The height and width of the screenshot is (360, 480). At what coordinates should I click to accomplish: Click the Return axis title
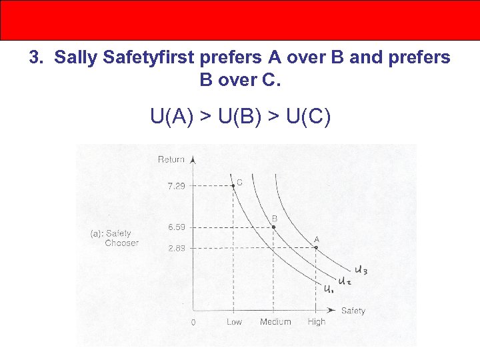click(171, 159)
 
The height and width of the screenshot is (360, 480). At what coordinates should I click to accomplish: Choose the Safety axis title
click(353, 311)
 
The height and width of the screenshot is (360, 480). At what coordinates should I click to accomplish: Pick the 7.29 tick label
click(177, 186)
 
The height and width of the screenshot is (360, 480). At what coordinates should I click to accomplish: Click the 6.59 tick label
click(177, 227)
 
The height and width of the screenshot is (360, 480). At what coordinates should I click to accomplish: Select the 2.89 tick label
click(177, 248)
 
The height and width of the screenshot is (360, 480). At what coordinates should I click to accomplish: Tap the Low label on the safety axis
click(234, 322)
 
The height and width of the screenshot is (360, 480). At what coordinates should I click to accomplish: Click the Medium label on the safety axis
click(275, 322)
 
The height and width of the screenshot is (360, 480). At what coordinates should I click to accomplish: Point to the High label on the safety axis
click(317, 322)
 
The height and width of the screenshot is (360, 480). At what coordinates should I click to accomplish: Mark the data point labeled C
click(233, 186)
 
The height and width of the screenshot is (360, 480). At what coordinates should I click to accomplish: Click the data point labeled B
click(274, 227)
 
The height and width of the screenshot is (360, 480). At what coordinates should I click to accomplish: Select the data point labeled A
click(316, 248)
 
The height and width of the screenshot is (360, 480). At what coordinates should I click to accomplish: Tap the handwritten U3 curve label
click(360, 270)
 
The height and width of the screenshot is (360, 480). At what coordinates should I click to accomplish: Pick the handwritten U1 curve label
click(329, 289)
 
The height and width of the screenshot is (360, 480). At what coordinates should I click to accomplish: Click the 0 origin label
click(193, 323)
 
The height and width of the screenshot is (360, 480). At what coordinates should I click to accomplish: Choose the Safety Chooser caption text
click(115, 238)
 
